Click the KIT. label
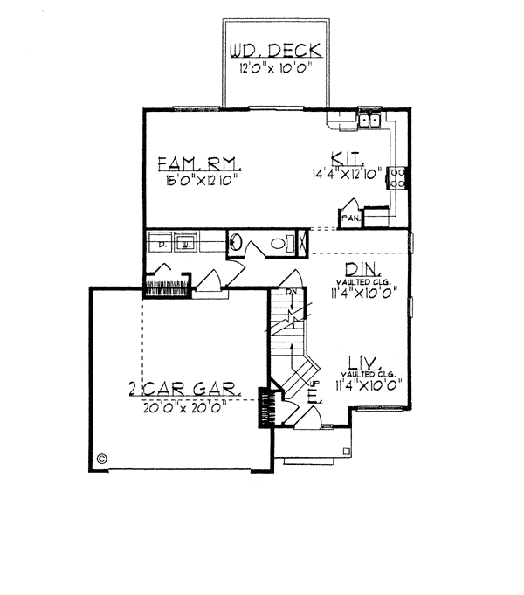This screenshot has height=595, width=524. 343,159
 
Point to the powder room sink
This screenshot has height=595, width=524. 236,242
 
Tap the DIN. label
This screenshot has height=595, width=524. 359,270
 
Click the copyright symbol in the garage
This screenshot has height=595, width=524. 101,457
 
